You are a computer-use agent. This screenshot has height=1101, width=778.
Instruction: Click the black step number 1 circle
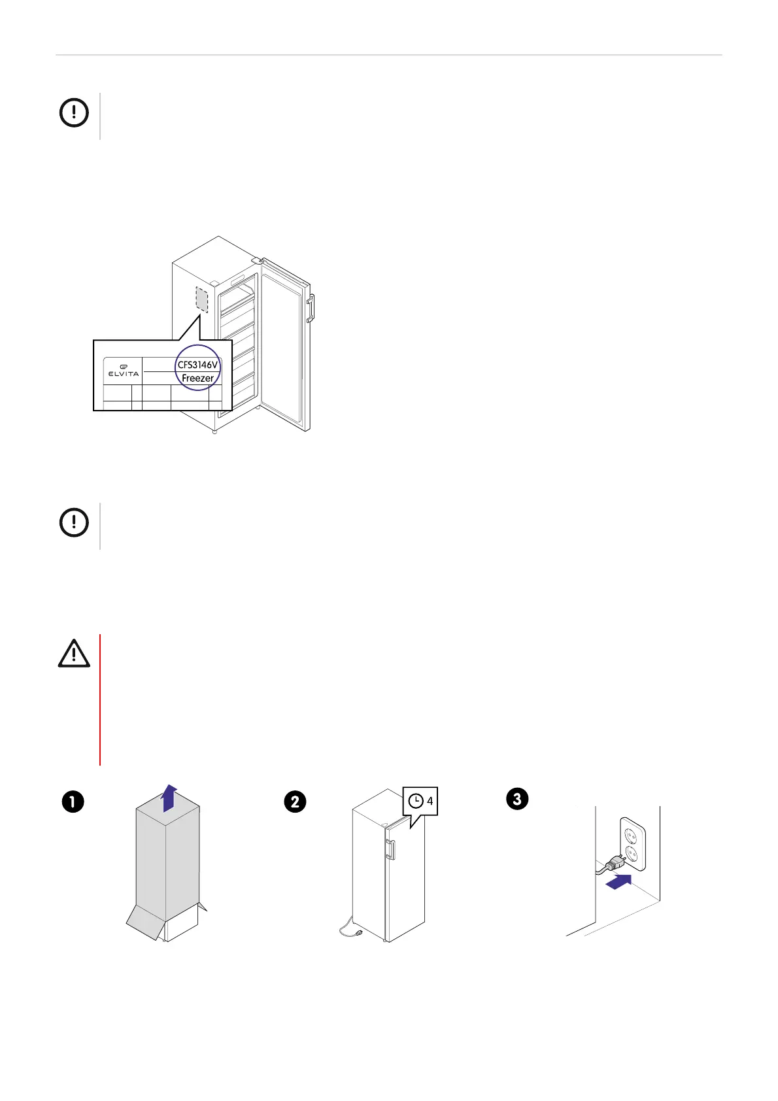[x=73, y=802]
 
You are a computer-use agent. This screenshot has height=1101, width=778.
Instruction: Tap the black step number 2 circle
[x=295, y=802]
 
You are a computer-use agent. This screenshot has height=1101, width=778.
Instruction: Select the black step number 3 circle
[x=517, y=798]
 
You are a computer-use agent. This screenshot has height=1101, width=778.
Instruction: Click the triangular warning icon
[x=74, y=654]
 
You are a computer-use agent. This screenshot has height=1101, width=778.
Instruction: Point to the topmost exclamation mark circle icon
[x=74, y=113]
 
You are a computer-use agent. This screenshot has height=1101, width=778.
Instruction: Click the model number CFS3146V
[x=197, y=365]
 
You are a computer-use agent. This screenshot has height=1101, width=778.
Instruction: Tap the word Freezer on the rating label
[x=197, y=378]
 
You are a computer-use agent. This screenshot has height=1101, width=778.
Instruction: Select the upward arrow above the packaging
[x=169, y=798]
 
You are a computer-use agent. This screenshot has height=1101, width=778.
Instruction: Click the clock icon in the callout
[x=415, y=801]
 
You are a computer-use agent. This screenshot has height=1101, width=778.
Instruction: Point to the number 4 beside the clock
[x=430, y=801]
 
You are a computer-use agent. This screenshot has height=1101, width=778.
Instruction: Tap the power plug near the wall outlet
[x=615, y=865]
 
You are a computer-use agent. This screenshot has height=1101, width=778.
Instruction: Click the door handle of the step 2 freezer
[x=390, y=849]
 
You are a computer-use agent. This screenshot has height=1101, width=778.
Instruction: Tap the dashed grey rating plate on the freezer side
[x=202, y=299]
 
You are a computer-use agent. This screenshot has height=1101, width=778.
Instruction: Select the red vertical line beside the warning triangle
[x=100, y=699]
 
